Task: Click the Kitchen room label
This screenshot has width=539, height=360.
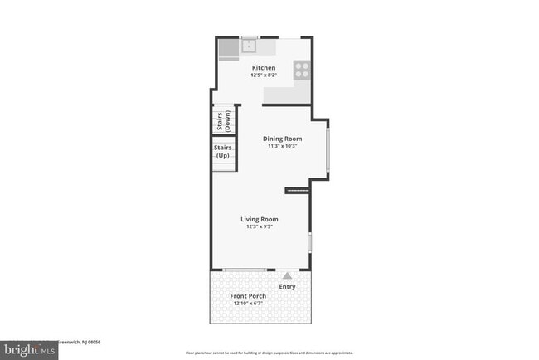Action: pos(264,68)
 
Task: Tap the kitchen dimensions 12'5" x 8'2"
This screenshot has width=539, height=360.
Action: pos(264,75)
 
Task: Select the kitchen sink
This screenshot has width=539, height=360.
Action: pos(249,43)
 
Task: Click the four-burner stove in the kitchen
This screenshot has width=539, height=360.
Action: pos(303,70)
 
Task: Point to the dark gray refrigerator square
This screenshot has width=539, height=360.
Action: pos(228,50)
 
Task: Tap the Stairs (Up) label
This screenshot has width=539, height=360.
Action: pos(222,153)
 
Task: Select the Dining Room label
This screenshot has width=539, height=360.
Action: pos(282,139)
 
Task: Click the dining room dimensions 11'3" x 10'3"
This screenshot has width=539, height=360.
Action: pos(282,146)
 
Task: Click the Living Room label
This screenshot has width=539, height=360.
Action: pos(260,219)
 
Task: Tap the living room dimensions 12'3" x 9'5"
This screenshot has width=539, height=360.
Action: pos(260,226)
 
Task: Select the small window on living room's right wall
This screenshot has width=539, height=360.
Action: pos(311,242)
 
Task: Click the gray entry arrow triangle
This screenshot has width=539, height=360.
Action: pos(287,275)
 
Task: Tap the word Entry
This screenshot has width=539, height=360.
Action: pos(287,287)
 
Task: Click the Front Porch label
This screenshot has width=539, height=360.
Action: pos(248,296)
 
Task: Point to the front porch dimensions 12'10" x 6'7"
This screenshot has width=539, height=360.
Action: pos(248,304)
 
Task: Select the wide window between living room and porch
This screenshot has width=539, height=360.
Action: pos(245,270)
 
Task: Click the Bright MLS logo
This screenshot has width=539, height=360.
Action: pos(29,350)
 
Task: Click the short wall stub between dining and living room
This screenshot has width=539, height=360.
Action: pos(297,191)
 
